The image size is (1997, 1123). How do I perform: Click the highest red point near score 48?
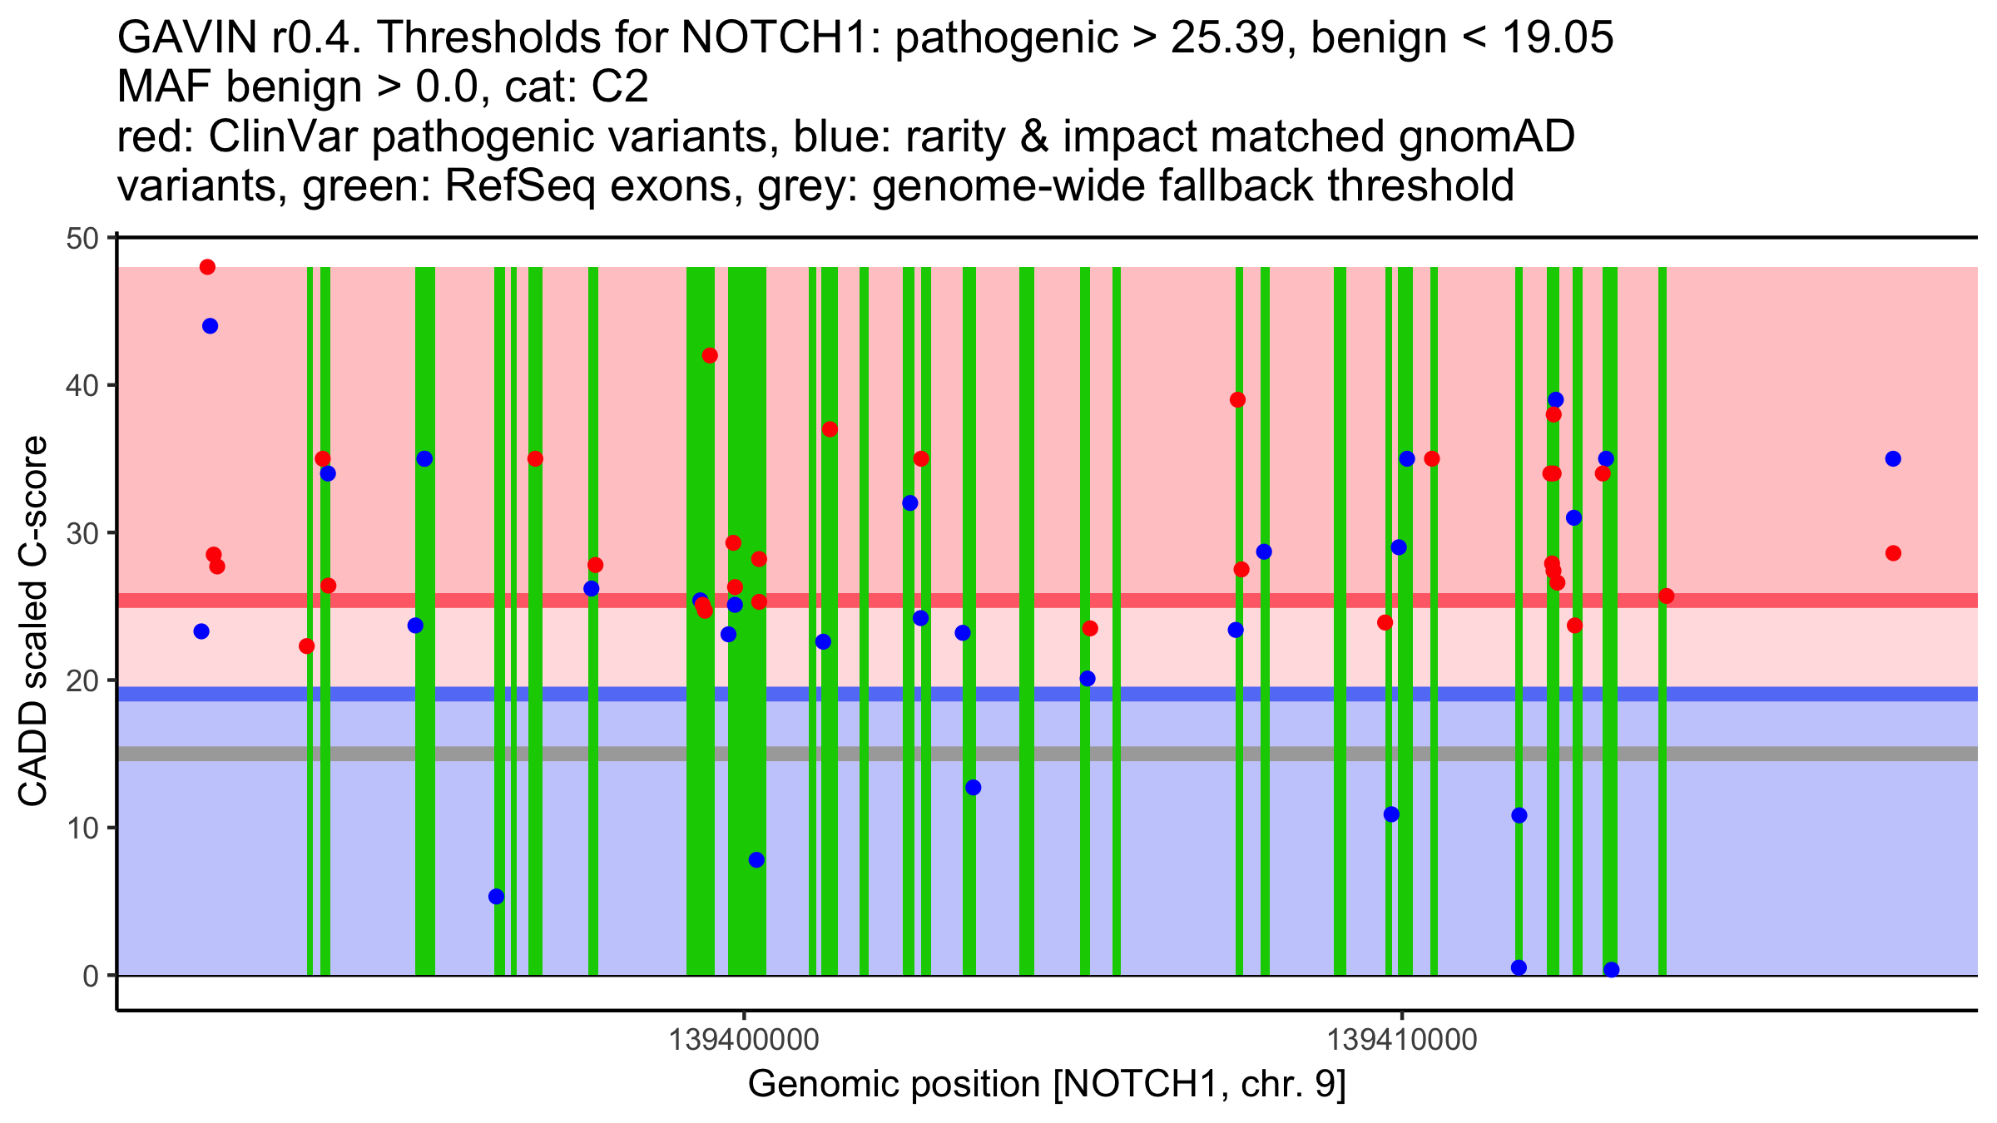207,267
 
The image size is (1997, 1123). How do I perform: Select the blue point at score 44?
210,326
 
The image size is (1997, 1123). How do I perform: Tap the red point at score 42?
710,355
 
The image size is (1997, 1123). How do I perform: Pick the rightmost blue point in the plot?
1893,459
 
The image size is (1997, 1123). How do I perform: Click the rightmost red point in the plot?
1893,553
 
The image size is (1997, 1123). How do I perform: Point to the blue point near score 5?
496,897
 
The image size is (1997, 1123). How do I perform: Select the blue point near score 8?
756,859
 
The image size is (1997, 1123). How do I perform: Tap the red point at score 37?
830,429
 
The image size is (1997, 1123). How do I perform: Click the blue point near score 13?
973,788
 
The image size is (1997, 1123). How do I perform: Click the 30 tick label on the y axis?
82,533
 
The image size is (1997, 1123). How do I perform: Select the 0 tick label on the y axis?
91,976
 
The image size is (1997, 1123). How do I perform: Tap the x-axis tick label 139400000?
744,1040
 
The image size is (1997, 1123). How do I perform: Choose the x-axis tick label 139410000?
1402,1040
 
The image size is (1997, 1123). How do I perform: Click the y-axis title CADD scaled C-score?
33,621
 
